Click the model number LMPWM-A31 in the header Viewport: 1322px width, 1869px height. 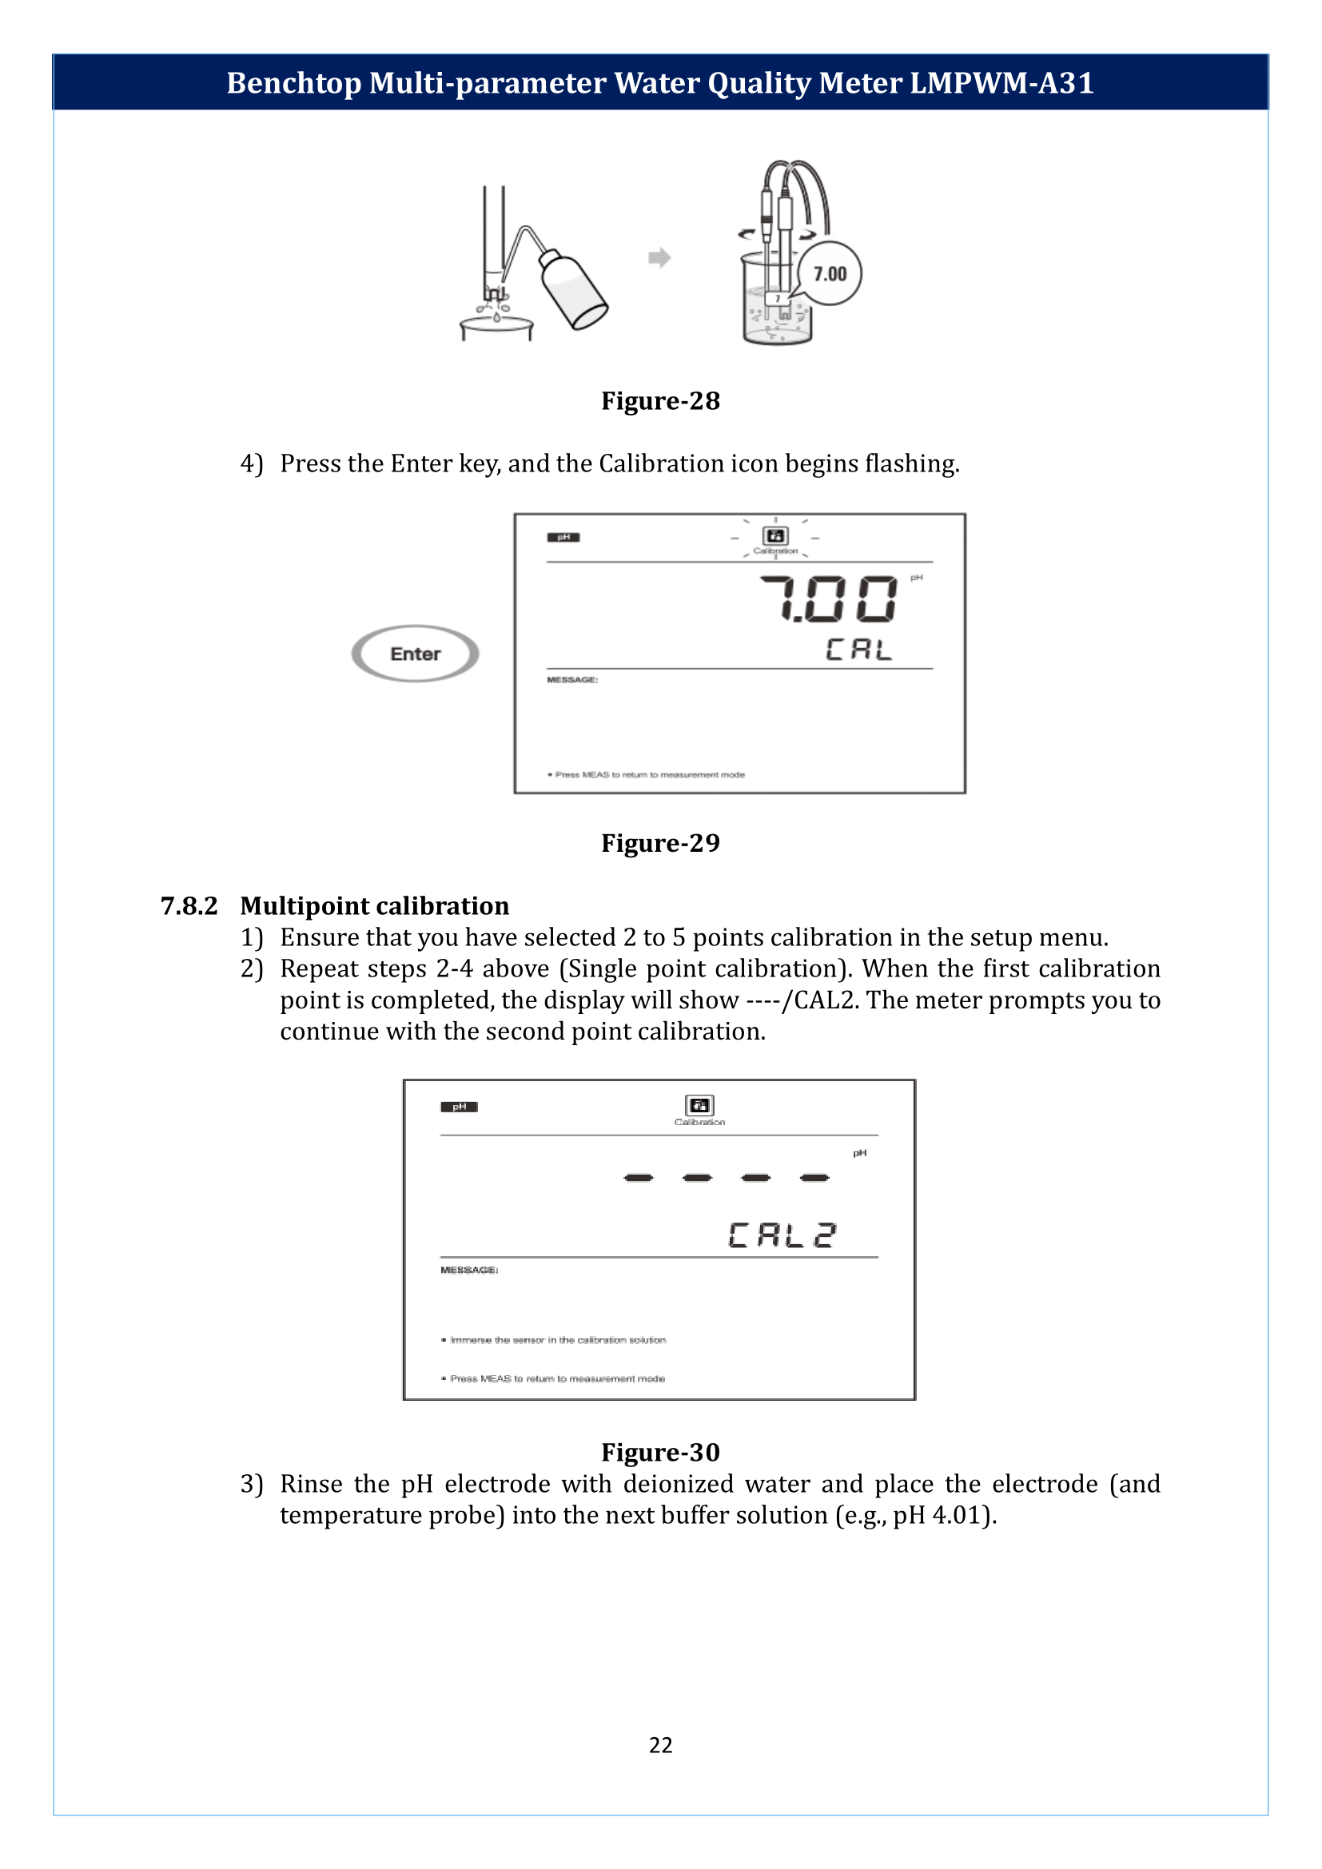[1001, 83]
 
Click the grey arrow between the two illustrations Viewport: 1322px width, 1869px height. [659, 258]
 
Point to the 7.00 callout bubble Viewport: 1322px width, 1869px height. [830, 273]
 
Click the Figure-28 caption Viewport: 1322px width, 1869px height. [660, 401]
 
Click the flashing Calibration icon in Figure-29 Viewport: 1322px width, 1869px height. [775, 536]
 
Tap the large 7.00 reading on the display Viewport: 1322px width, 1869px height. [829, 600]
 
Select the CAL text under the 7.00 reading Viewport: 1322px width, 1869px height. [858, 650]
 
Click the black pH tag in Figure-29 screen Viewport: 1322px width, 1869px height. [563, 537]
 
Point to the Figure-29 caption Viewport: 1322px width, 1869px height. [660, 843]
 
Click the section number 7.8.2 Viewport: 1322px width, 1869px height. [189, 906]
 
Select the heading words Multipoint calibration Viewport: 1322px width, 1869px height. [374, 906]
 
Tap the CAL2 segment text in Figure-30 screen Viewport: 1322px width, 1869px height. [782, 1235]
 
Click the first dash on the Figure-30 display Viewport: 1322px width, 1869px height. [638, 1178]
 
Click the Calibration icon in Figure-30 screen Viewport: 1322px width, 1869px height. [699, 1105]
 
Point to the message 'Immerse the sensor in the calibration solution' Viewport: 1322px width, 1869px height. [558, 1340]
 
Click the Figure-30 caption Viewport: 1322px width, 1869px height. [660, 1452]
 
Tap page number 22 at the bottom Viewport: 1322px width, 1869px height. [660, 1745]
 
